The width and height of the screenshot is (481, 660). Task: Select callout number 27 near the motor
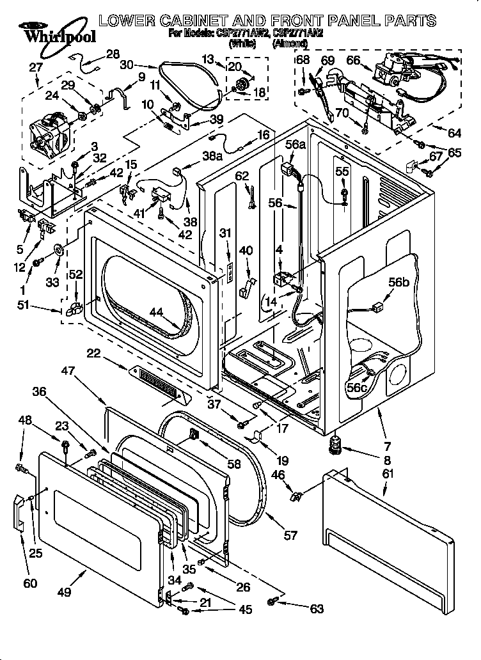tap(36, 67)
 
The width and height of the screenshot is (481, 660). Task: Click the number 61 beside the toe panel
tap(387, 473)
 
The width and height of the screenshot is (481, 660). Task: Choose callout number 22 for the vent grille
tap(94, 353)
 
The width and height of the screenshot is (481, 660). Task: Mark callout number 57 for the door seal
tap(291, 535)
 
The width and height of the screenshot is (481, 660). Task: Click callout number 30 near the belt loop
tap(127, 65)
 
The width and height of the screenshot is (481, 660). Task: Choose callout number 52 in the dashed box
tap(75, 274)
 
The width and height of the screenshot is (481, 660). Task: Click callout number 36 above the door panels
tap(39, 393)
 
